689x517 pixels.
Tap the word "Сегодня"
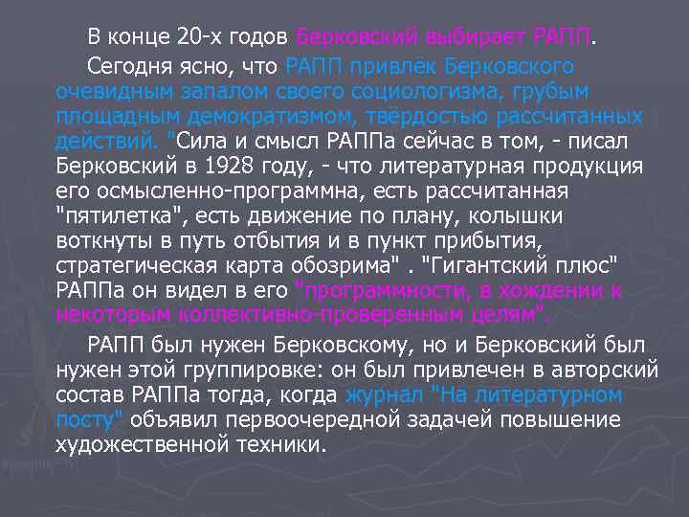pyautogui.click(x=124, y=67)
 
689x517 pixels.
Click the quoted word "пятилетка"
pyautogui.click(x=102, y=215)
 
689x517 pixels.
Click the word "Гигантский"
pyautogui.click(x=499, y=265)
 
